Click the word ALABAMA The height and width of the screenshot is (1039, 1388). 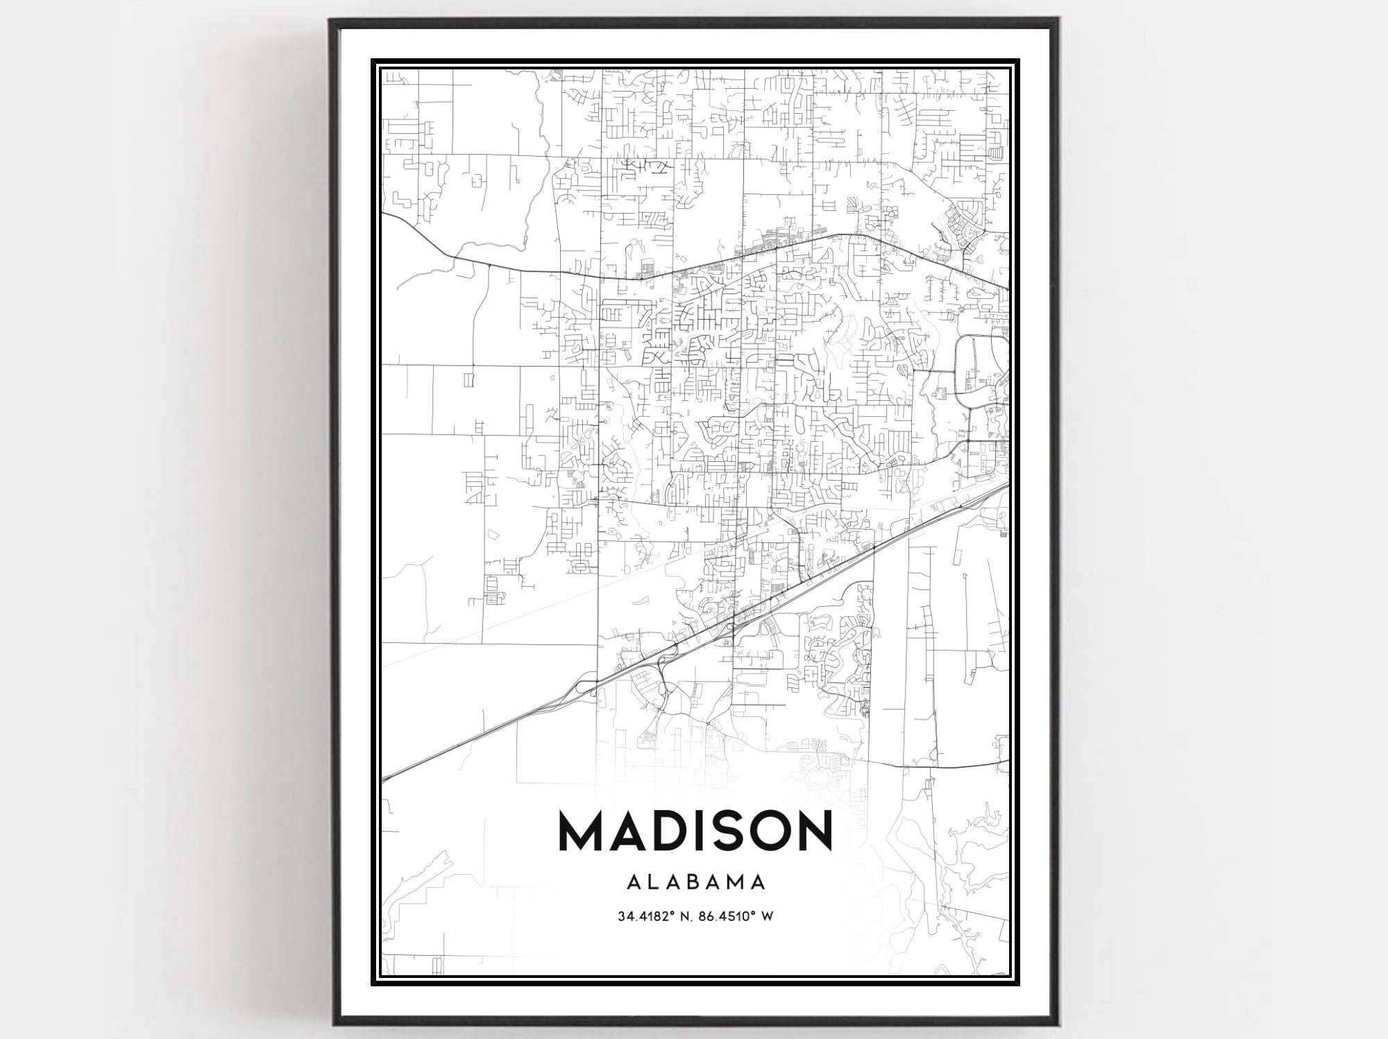point(696,882)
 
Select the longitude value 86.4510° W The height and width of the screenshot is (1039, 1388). point(729,916)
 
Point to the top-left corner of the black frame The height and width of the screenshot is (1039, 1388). point(330,20)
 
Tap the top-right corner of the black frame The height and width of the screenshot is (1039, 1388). point(1058,20)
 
